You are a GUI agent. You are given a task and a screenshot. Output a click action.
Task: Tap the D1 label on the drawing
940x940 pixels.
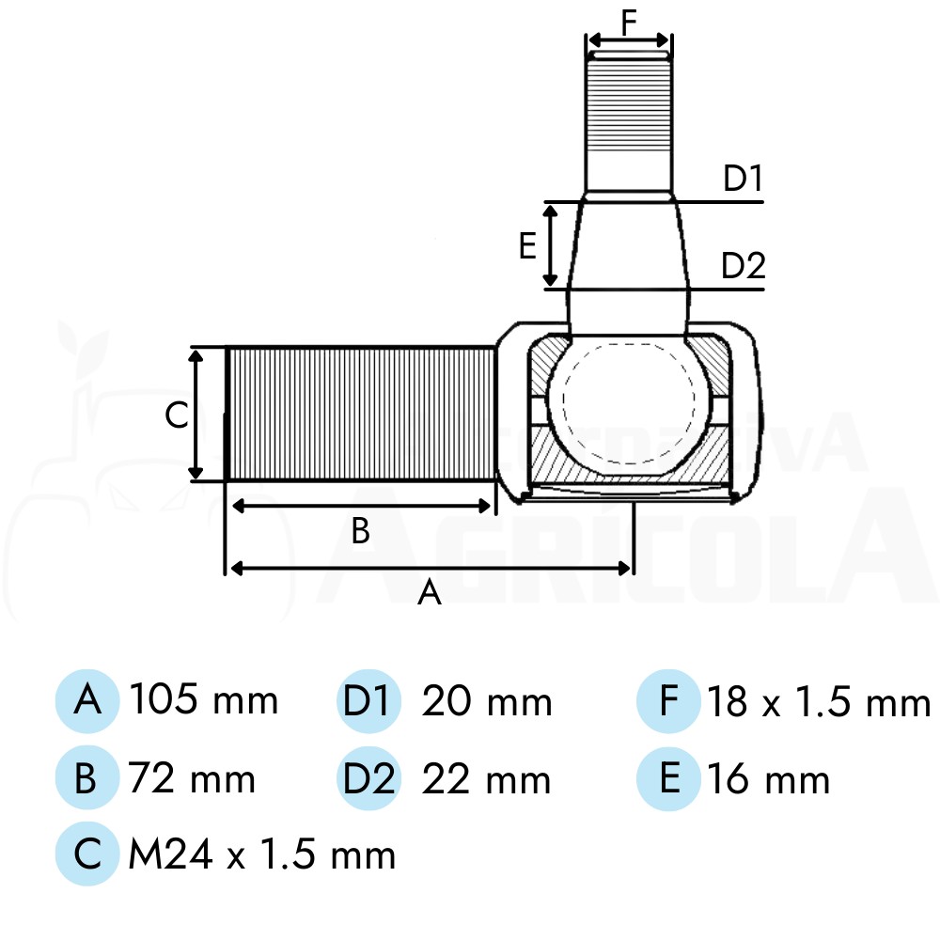coord(743,178)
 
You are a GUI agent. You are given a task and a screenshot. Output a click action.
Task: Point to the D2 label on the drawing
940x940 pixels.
coord(744,266)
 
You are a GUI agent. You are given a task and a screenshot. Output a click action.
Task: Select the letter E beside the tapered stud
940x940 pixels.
coord(527,245)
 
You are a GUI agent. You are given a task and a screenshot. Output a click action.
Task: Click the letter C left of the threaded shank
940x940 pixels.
coord(177,415)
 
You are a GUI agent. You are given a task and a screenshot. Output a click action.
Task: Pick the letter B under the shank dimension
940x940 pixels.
coord(360,530)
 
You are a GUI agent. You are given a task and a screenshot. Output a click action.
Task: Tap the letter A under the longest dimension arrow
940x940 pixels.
coord(430,593)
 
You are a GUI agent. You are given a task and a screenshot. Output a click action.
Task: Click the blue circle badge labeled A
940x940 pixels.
coord(87,701)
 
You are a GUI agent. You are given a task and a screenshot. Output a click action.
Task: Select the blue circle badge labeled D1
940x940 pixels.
coord(368,701)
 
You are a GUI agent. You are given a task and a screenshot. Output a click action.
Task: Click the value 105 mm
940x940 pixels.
coord(204,699)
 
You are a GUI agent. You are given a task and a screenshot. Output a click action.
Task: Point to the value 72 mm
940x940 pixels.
coord(192,778)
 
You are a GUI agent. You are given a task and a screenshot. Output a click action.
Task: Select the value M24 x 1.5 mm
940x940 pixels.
coord(262,854)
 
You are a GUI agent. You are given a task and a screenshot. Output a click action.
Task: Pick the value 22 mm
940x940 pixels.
coord(486,779)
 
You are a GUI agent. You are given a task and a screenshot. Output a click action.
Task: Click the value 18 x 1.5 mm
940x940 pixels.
coord(819,701)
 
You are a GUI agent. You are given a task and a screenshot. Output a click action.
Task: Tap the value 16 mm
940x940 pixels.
coord(769,778)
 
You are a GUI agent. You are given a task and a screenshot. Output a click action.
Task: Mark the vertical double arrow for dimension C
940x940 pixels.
coord(196,415)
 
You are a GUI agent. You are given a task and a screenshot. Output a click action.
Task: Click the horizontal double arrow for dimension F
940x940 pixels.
coord(629,40)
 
